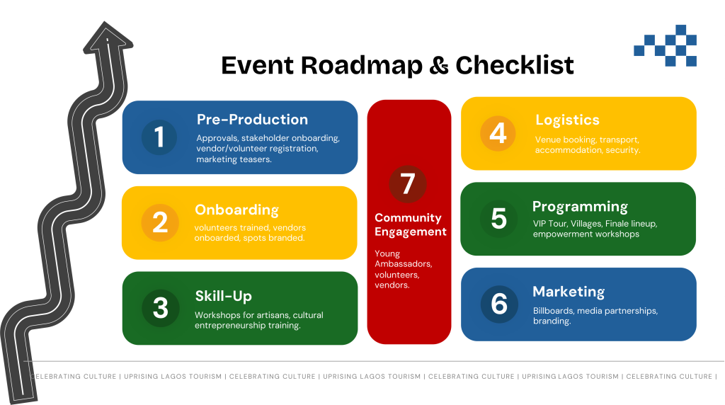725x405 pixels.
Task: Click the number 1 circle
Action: click(x=159, y=137)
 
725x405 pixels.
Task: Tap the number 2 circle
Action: click(x=160, y=222)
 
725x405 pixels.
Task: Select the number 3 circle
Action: click(x=161, y=309)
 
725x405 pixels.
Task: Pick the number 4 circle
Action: click(x=498, y=133)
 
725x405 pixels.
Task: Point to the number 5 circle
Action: click(x=498, y=219)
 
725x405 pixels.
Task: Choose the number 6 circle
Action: click(x=499, y=304)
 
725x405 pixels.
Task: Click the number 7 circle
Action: click(x=408, y=184)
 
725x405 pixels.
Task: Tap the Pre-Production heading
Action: click(x=253, y=119)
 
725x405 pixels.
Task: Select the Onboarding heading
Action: click(x=236, y=210)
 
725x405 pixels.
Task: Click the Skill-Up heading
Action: click(x=223, y=296)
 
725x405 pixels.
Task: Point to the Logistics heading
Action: click(x=567, y=120)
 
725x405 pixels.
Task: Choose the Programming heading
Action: click(x=581, y=207)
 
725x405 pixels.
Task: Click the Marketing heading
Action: click(x=569, y=292)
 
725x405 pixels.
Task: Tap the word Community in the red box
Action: click(x=408, y=218)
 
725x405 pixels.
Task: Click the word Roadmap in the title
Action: click(x=362, y=66)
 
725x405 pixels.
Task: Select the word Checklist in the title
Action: click(x=515, y=65)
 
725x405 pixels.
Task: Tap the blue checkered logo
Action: click(x=666, y=45)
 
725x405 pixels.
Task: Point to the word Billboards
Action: click(x=554, y=311)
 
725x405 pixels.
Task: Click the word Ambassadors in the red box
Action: click(x=403, y=264)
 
